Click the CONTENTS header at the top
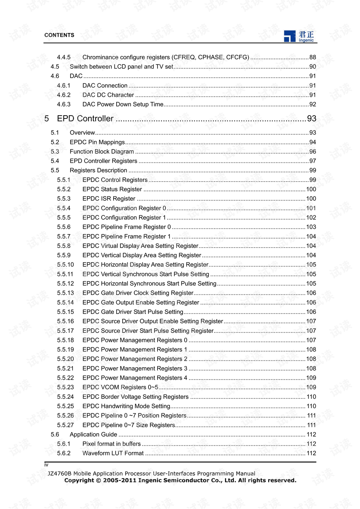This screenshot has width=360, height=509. (59, 35)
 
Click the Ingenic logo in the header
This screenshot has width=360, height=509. (299, 36)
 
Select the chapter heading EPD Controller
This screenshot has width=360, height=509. (85, 119)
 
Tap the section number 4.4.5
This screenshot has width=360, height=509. (64, 57)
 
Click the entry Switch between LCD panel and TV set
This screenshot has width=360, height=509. (121, 67)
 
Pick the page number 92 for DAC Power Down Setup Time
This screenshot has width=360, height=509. (312, 104)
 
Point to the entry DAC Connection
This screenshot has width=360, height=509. (105, 86)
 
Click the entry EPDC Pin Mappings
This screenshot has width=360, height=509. (97, 142)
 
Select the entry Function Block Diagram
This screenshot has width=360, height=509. (102, 152)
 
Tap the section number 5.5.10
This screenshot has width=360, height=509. (66, 265)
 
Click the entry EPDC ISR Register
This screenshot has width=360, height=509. (109, 199)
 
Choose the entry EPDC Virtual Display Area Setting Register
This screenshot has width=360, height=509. (140, 246)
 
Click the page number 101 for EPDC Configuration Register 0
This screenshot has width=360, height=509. (311, 208)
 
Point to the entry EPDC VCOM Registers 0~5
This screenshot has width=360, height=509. (120, 387)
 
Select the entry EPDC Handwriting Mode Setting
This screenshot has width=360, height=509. (126, 406)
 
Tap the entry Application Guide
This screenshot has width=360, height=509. (93, 434)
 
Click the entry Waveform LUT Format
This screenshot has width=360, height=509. (113, 453)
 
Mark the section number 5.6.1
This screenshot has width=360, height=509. (64, 444)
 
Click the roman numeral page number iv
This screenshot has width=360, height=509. (46, 465)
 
